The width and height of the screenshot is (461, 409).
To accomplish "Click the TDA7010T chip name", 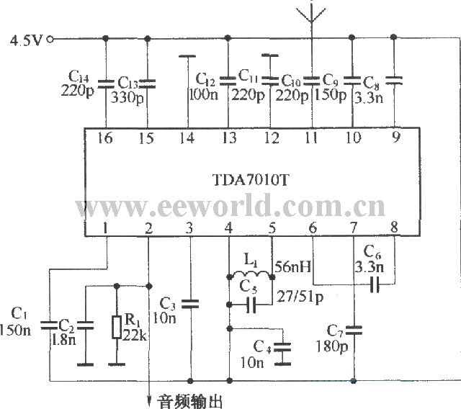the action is pyautogui.click(x=251, y=179).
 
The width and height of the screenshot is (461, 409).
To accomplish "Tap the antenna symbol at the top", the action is pyautogui.click(x=311, y=14).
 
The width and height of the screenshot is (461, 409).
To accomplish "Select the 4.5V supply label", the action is pyautogui.click(x=26, y=40).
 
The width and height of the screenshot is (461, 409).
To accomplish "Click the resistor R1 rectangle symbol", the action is pyautogui.click(x=117, y=327).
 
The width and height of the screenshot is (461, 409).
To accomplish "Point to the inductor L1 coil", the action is pyautogui.click(x=250, y=274).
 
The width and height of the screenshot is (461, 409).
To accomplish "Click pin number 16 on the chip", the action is pyautogui.click(x=105, y=138).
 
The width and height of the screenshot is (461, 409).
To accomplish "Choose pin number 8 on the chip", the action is pyautogui.click(x=394, y=227).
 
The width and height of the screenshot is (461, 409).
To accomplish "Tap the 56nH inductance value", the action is pyautogui.click(x=293, y=266).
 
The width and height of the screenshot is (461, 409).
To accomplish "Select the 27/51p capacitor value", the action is pyautogui.click(x=300, y=297).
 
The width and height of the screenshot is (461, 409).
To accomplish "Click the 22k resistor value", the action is pyautogui.click(x=134, y=334).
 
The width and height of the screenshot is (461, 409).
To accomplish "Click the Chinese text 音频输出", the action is pyautogui.click(x=189, y=401).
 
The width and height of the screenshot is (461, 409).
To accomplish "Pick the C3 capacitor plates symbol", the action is pyautogui.click(x=190, y=304).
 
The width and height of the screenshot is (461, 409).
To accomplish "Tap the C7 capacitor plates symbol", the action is pyautogui.click(x=354, y=331).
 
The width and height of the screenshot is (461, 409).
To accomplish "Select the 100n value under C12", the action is pyautogui.click(x=203, y=94).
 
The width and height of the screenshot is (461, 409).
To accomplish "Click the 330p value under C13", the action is pyautogui.click(x=127, y=97).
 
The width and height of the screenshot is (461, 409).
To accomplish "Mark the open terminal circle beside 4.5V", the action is pyautogui.click(x=50, y=39).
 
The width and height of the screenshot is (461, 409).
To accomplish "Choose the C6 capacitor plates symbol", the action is pyautogui.click(x=375, y=284).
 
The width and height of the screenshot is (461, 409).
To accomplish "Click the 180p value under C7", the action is pyautogui.click(x=332, y=346).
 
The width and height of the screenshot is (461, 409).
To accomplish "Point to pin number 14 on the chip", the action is pyautogui.click(x=187, y=138).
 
